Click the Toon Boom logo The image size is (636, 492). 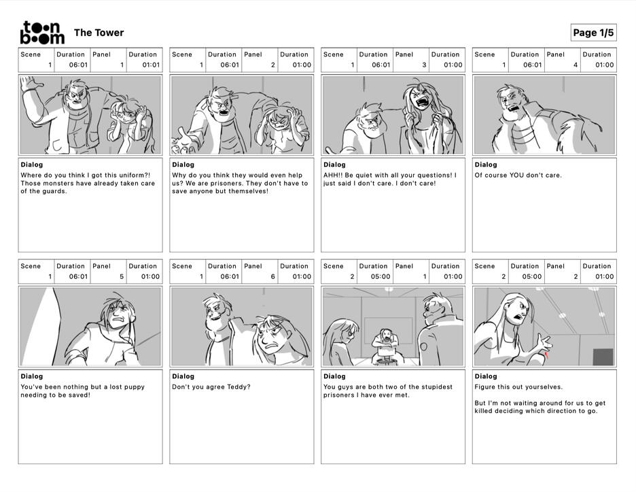[x=42, y=33]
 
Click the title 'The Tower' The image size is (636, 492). [x=99, y=33]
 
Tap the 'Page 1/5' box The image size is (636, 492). [x=593, y=33]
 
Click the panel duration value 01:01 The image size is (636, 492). [x=151, y=65]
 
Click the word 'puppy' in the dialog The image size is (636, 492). [x=135, y=387]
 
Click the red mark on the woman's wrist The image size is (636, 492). [x=546, y=356]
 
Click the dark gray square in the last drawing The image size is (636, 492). [x=603, y=357]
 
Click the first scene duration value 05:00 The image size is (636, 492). [x=380, y=277]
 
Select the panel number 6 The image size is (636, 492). [x=272, y=277]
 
